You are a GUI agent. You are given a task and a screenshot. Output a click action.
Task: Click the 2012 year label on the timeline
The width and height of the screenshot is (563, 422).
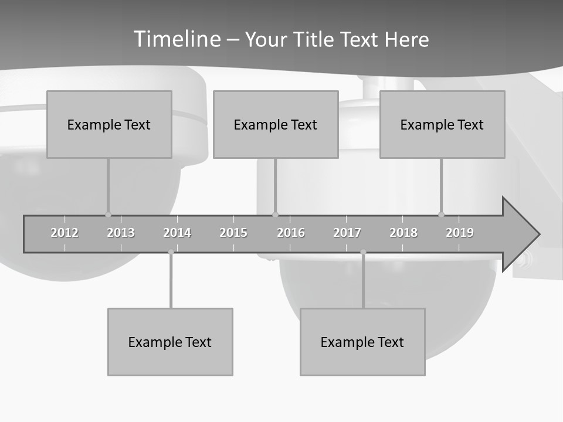click(x=65, y=233)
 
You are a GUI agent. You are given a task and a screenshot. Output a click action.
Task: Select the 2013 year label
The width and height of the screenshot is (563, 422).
click(x=121, y=233)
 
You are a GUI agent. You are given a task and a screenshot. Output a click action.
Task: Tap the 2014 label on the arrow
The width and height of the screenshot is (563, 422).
click(x=177, y=233)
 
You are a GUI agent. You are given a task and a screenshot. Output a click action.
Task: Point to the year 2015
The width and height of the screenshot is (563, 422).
click(x=233, y=233)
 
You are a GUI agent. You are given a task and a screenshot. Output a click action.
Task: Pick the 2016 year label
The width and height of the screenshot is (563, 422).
click(x=291, y=233)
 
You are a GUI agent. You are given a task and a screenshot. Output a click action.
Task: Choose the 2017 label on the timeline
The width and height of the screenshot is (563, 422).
click(x=347, y=233)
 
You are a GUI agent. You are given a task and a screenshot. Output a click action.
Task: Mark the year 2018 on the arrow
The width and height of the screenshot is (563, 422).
click(x=403, y=233)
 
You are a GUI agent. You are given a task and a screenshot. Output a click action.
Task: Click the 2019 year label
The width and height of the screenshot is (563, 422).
click(x=460, y=233)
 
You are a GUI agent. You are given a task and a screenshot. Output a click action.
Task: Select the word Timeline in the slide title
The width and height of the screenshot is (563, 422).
click(x=177, y=39)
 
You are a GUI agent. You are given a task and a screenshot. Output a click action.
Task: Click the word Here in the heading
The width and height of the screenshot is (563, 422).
click(x=406, y=39)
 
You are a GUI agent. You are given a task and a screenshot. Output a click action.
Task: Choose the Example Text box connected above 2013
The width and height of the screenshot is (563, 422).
click(x=109, y=124)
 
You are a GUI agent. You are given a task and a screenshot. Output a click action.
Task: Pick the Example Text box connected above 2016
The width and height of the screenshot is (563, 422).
click(x=276, y=124)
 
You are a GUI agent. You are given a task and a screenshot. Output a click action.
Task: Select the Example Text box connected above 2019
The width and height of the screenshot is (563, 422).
click(x=442, y=124)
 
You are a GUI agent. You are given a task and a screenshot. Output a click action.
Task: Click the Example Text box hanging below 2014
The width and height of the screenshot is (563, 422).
click(x=170, y=342)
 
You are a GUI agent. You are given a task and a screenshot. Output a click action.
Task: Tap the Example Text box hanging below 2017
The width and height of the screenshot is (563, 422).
click(x=362, y=342)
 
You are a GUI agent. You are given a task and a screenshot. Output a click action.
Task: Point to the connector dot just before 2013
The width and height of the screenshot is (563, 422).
click(x=108, y=215)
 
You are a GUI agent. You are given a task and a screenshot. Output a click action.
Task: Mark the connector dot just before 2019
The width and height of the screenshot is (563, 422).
click(x=442, y=215)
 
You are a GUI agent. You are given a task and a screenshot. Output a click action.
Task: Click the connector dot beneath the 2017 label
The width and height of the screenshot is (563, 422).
click(x=363, y=252)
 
